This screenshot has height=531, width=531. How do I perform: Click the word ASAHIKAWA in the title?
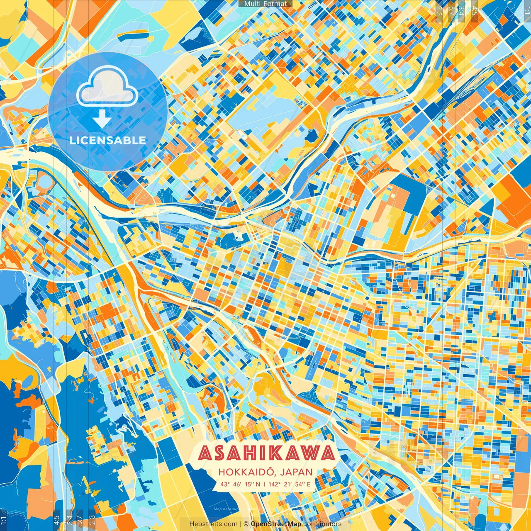tap(266, 453)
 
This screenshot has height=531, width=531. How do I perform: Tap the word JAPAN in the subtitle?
tap(296, 472)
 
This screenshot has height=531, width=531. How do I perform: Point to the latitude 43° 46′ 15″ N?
tap(240, 484)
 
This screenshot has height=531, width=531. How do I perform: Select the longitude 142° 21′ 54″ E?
tap(289, 484)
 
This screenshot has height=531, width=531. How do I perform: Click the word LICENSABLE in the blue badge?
tap(108, 140)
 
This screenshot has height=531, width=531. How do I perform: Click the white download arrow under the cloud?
tap(102, 119)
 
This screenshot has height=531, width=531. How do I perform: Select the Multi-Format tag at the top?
tap(265, 4)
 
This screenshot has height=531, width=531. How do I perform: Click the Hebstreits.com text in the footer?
tap(214, 524)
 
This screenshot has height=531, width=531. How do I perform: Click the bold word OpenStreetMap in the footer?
tap(276, 524)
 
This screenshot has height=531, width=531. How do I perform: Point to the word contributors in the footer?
tap(322, 524)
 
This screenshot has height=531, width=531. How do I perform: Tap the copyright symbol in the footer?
tap(246, 524)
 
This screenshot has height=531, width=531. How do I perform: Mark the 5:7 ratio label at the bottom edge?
tap(80, 520)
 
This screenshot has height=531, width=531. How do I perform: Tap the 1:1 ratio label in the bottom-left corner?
tap(4, 520)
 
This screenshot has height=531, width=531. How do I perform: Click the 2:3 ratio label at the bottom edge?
tap(92, 520)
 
